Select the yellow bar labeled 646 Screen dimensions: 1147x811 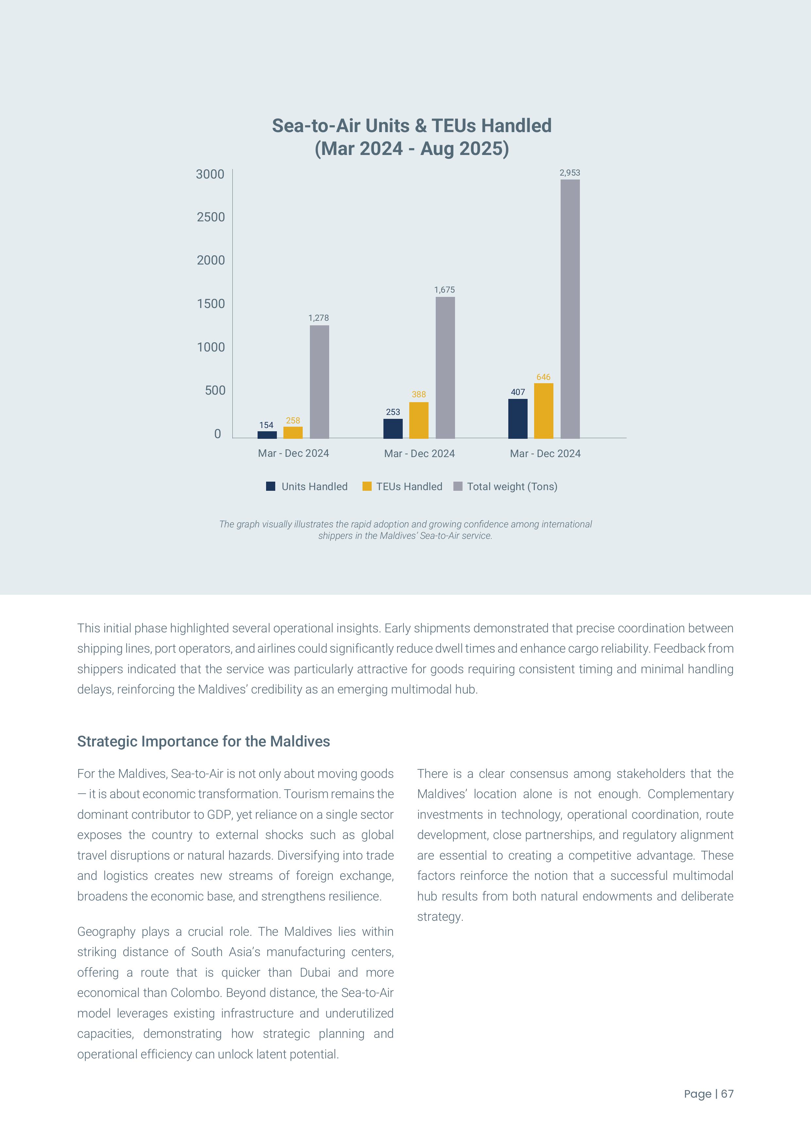[x=543, y=411]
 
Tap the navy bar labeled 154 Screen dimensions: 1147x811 [x=267, y=435]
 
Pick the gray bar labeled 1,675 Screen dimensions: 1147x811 [x=445, y=368]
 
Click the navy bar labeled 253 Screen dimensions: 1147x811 [x=393, y=429]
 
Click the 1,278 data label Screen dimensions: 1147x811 [x=319, y=318]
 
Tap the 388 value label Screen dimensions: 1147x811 [x=418, y=394]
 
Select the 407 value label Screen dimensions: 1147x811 [x=518, y=392]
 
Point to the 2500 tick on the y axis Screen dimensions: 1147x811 [x=211, y=217]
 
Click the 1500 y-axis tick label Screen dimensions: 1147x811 [x=211, y=304]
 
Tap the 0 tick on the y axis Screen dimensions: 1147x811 [x=217, y=434]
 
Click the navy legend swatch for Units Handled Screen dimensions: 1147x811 [x=271, y=486]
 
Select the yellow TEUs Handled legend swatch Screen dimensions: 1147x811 [x=367, y=486]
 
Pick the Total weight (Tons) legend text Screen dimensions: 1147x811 [x=512, y=487]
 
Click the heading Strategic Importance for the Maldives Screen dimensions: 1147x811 [x=203, y=741]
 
